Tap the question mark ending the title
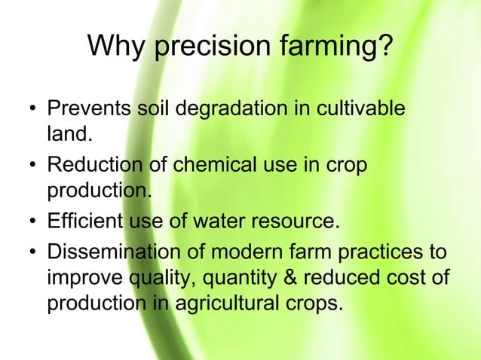pyautogui.click(x=384, y=47)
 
